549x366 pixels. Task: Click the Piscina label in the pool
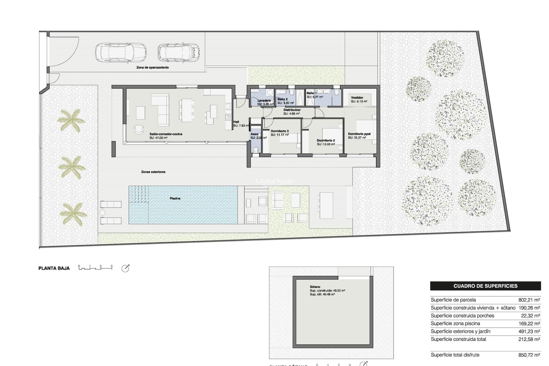click(175, 198)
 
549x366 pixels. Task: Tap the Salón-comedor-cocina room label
click(166, 134)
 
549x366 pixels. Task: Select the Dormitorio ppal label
click(359, 134)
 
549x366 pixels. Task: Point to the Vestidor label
click(357, 98)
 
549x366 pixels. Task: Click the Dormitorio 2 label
click(326, 140)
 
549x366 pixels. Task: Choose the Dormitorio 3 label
click(279, 131)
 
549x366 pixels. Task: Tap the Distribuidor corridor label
click(292, 110)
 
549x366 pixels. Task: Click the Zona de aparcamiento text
click(152, 67)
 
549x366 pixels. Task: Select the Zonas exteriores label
click(153, 172)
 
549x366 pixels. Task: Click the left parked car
click(121, 53)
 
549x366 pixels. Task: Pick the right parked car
click(179, 53)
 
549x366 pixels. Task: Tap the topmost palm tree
click(71, 120)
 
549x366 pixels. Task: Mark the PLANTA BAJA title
click(54, 268)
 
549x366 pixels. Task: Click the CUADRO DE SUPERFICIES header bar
click(485, 286)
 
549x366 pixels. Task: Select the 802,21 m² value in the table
click(529, 300)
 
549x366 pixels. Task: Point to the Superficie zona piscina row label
click(455, 323)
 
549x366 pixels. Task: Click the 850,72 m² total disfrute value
click(529, 355)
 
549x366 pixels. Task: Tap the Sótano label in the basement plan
click(315, 287)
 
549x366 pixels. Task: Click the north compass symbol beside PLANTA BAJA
click(125, 268)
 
